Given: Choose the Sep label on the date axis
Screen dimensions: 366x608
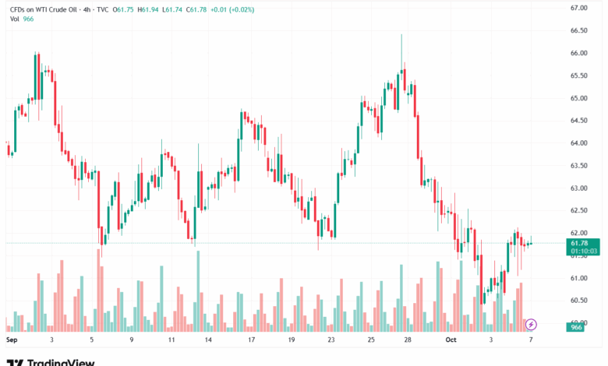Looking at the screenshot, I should point(11,340).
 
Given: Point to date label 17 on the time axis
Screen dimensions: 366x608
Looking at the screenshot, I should point(250,340).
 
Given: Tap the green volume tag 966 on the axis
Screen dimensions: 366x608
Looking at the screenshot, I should point(577,328).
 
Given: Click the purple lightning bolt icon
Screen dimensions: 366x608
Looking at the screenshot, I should point(531,323).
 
